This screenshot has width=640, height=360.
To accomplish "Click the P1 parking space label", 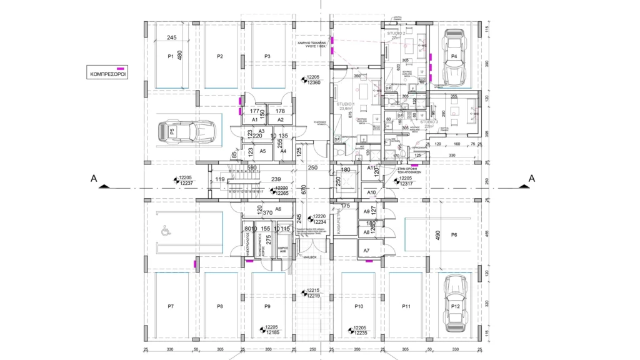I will click(x=171, y=57).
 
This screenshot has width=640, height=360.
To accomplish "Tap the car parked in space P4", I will click(x=455, y=58).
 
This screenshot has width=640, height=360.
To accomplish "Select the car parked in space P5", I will click(x=187, y=131).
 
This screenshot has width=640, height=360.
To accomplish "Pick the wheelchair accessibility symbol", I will click(x=166, y=231).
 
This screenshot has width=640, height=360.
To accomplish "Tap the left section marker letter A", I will click(x=94, y=179).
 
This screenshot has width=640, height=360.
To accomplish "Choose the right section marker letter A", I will click(x=532, y=179).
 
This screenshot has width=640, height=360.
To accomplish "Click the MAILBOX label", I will click(x=309, y=257).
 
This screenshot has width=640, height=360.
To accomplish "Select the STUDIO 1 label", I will click(x=345, y=104).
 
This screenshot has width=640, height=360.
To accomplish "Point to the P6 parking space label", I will click(x=454, y=234).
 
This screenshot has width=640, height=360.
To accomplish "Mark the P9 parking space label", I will click(x=267, y=306).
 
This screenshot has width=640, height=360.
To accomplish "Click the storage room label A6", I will click(x=278, y=209).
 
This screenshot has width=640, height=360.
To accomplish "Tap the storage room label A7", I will click(x=366, y=251).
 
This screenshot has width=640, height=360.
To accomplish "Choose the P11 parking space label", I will click(x=406, y=306).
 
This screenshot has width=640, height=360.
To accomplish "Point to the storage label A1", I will click(x=254, y=119).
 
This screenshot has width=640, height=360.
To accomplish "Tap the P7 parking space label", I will click(x=171, y=306).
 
